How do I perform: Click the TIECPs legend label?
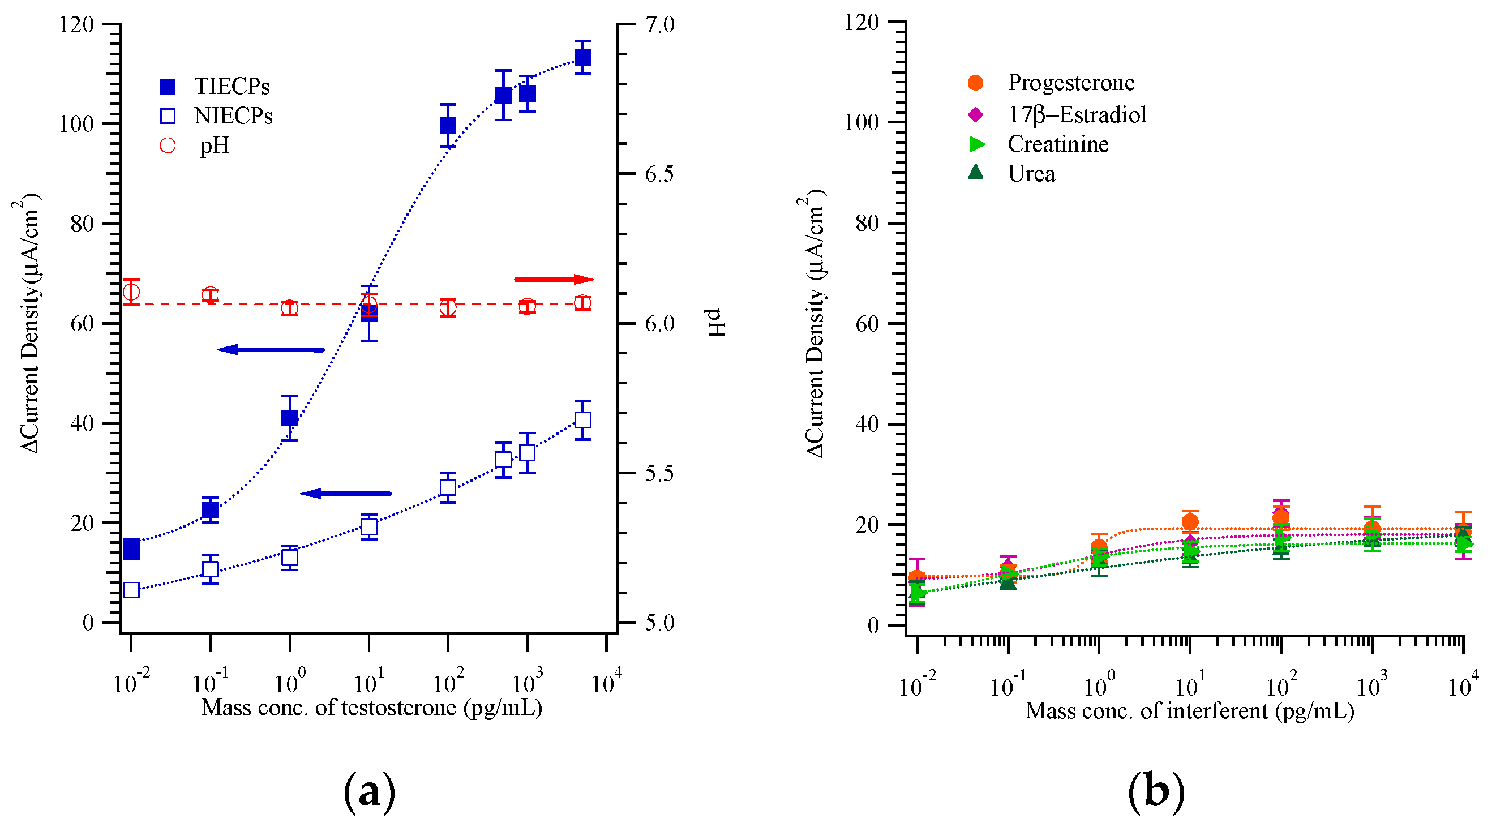(x=232, y=87)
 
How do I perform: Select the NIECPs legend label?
(x=233, y=116)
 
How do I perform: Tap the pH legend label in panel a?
(x=215, y=145)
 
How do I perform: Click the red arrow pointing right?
(x=554, y=280)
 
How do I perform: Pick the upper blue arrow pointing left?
(x=271, y=350)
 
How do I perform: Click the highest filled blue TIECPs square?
(x=582, y=58)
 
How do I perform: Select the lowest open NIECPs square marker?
(x=131, y=590)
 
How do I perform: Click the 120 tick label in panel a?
(x=76, y=24)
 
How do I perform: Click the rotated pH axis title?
(x=717, y=323)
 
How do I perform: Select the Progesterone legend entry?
(x=1070, y=83)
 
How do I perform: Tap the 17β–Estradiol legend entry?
(x=1077, y=114)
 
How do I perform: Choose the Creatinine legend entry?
(x=1057, y=144)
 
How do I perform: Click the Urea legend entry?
(x=1031, y=174)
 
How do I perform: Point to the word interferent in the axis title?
(x=1218, y=710)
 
